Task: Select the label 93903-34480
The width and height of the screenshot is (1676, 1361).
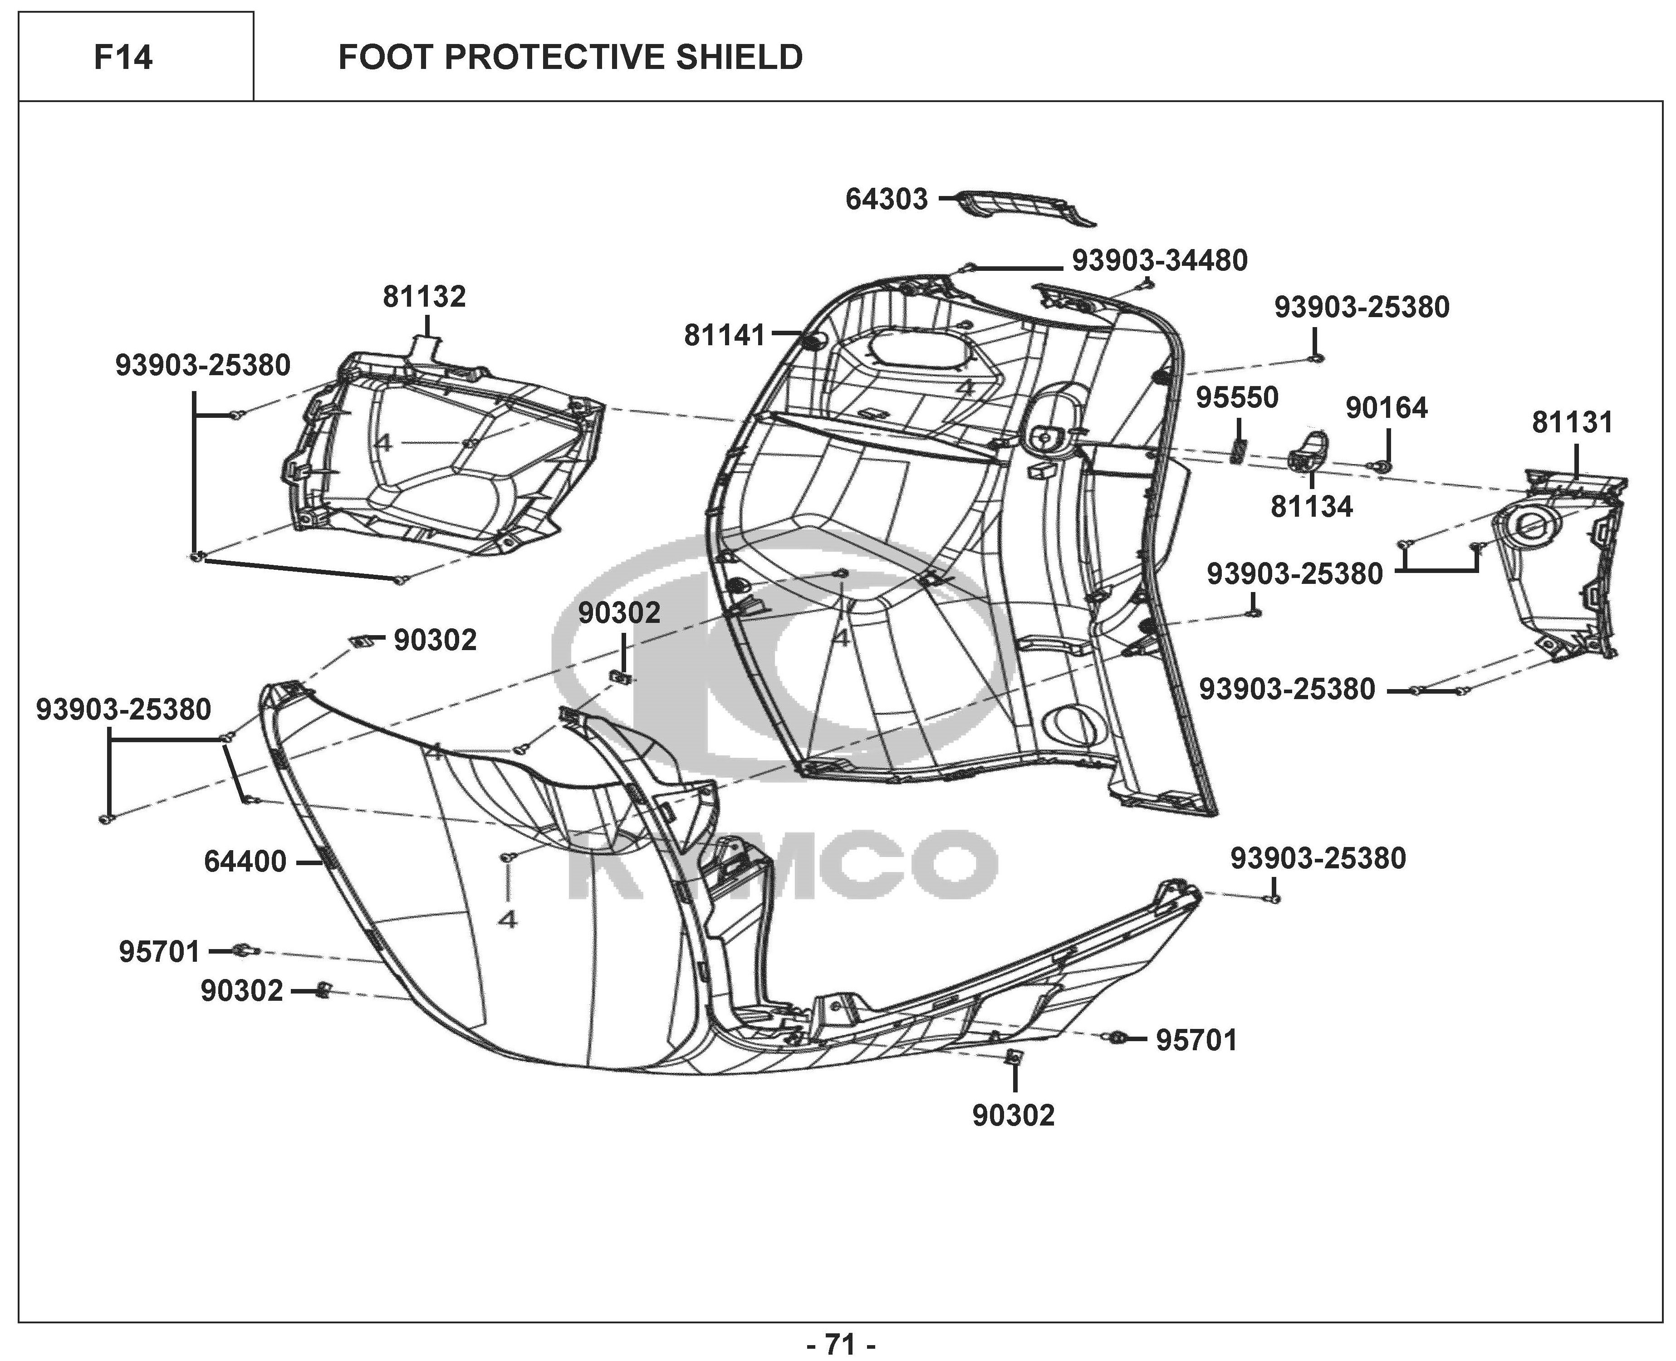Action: coord(1159,260)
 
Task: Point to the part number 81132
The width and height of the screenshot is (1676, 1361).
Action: coord(424,296)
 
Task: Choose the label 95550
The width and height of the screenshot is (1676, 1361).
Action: coord(1237,397)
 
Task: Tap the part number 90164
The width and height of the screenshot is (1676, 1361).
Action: coord(1387,408)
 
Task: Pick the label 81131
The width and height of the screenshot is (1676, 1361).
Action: coord(1573,422)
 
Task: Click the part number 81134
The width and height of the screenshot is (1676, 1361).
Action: coord(1312,506)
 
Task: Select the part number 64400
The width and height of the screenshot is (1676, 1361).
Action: coord(245,862)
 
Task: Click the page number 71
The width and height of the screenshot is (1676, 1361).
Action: coord(840,1344)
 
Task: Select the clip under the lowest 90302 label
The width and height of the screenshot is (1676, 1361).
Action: coord(1013,1057)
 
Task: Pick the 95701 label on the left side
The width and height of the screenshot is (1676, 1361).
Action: coord(160,952)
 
